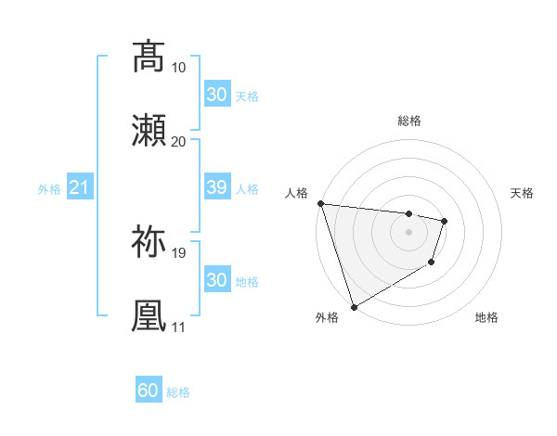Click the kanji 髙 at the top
click(x=149, y=57)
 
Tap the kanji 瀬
click(x=149, y=130)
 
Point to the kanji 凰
click(x=149, y=314)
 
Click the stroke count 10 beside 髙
click(x=178, y=68)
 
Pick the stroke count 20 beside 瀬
click(x=178, y=141)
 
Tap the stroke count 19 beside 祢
click(x=178, y=252)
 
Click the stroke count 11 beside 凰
click(x=178, y=327)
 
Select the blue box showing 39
click(x=216, y=188)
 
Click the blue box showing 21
click(x=79, y=188)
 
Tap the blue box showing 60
click(x=149, y=391)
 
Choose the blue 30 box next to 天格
click(x=216, y=95)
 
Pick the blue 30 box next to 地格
click(x=216, y=280)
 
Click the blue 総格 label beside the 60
click(x=178, y=392)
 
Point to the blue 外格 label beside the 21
click(x=49, y=189)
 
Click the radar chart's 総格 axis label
click(x=408, y=121)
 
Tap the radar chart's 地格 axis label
click(x=486, y=317)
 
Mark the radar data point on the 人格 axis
click(x=320, y=203)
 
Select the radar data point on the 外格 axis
click(x=354, y=306)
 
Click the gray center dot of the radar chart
click(x=408, y=232)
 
